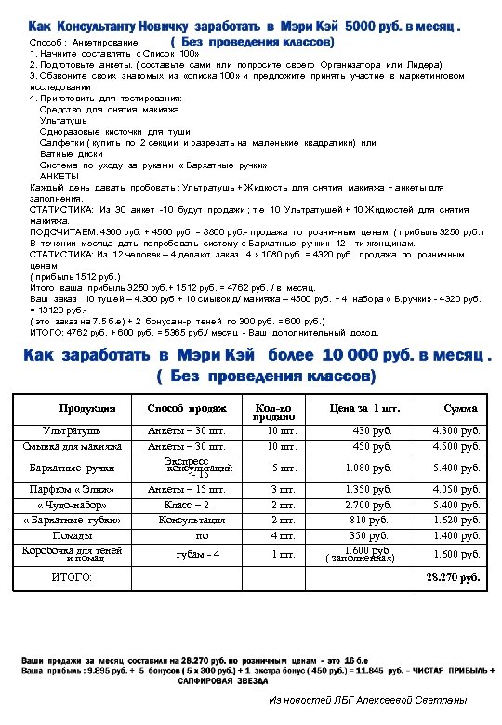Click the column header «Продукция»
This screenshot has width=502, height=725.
point(87,409)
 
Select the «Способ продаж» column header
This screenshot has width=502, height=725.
point(187,409)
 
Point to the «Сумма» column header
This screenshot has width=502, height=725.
point(460,409)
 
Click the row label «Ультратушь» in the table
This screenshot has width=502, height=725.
point(72,431)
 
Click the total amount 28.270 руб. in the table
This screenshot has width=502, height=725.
point(453,578)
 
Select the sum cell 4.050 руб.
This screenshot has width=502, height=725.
point(456,489)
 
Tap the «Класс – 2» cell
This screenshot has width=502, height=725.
point(186,505)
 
